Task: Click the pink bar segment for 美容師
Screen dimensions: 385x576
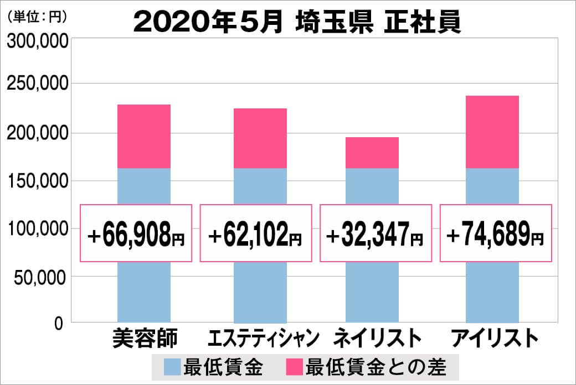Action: tap(144, 136)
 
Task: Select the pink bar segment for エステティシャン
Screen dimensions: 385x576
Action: tap(260, 138)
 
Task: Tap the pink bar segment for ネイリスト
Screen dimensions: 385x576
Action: tap(372, 153)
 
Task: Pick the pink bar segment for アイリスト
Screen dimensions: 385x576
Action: tap(492, 132)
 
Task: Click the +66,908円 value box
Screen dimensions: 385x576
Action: tap(136, 233)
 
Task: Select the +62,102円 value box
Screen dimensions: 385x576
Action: tap(256, 233)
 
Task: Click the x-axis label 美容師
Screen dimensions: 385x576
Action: tap(144, 338)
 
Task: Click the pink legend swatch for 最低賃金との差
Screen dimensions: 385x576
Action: tap(294, 366)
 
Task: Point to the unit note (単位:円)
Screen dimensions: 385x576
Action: tap(36, 16)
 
